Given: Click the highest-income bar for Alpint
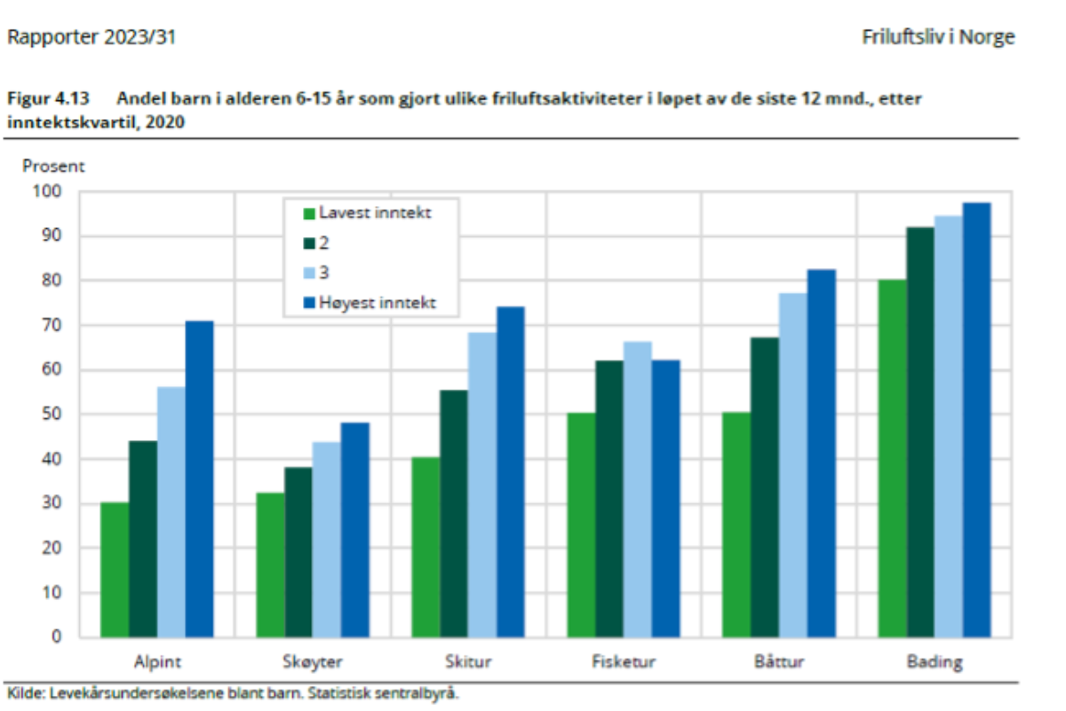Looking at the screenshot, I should [x=199, y=479].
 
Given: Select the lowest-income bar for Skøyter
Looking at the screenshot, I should [x=270, y=565].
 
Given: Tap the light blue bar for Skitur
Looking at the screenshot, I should [x=482, y=485].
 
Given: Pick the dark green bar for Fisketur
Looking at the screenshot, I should [x=609, y=499].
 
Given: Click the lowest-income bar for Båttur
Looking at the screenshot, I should [x=736, y=525].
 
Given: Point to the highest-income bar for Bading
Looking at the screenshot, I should [x=976, y=420].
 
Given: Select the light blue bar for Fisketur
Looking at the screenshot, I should [x=638, y=489].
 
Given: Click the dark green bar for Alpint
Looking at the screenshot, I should [x=143, y=539].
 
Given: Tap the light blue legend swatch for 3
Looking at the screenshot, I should [x=310, y=273].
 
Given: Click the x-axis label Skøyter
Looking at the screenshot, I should [x=312, y=662].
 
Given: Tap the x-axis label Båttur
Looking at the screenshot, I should [x=779, y=662].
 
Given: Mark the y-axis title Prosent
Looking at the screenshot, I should [x=53, y=165].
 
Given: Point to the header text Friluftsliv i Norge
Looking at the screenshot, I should [x=938, y=37].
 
